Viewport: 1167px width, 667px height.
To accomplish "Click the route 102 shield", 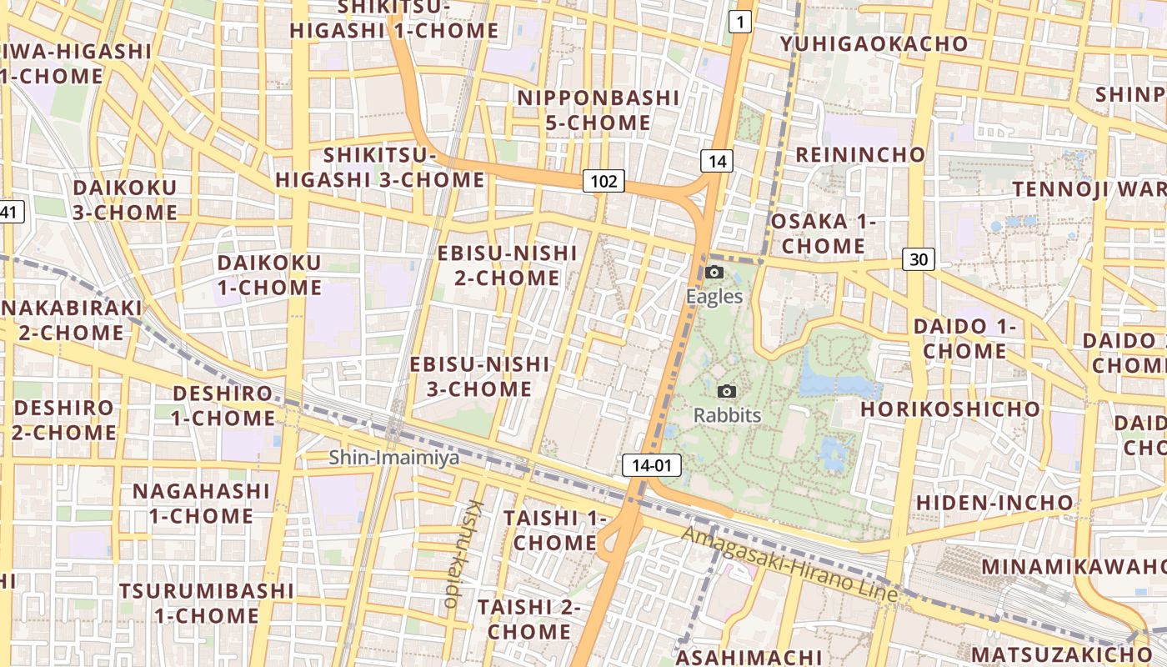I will click(604, 181).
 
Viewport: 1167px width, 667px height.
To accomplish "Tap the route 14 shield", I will click(716, 161).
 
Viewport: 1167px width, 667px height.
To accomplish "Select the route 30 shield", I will click(918, 259).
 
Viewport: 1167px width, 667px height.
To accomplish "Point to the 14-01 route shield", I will click(651, 465).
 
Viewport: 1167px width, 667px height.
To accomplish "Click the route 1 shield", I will click(739, 22).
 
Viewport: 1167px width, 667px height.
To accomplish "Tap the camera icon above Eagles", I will click(714, 272).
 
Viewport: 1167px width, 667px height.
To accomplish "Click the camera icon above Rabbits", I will click(727, 391).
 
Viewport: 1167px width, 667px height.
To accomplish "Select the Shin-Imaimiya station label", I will click(393, 457).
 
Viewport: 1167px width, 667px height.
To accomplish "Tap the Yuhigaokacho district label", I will click(874, 44).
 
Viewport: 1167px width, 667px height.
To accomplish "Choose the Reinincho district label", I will click(860, 154).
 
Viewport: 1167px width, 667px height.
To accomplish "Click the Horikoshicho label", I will click(950, 409).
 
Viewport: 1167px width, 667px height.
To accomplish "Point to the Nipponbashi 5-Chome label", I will click(598, 110).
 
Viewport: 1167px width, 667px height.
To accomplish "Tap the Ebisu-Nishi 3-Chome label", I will click(479, 376).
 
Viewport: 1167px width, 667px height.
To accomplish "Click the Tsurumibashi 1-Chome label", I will click(206, 603).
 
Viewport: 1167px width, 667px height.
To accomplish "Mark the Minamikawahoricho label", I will click(1074, 567).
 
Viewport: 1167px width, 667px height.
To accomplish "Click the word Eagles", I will click(714, 296).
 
